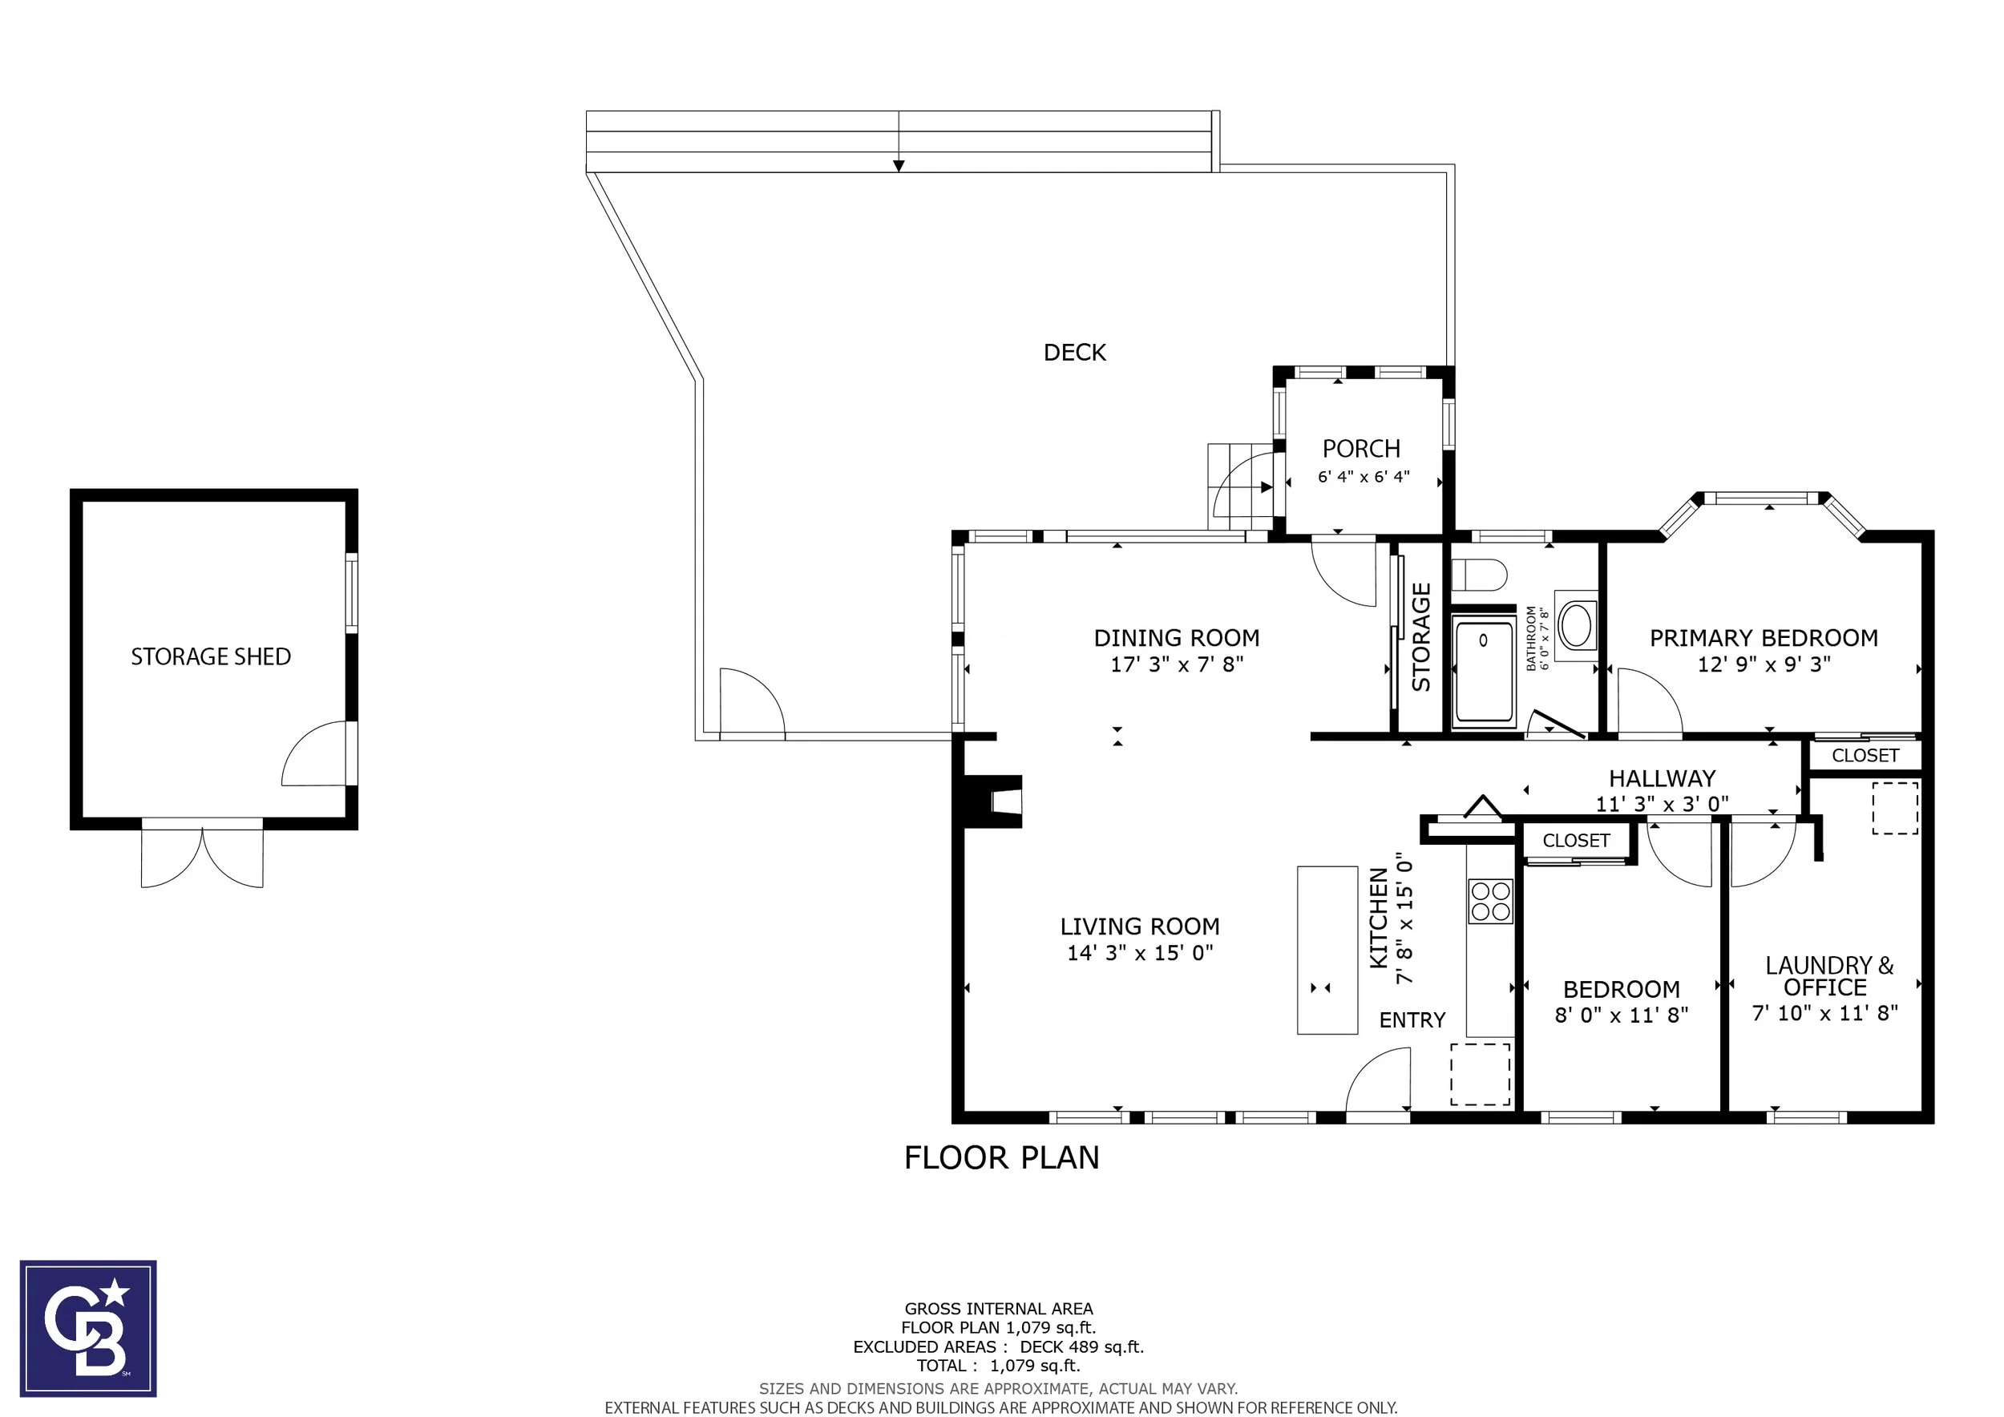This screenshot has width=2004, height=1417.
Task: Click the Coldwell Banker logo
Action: pos(88,1328)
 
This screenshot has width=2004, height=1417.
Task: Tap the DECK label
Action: pos(1074,353)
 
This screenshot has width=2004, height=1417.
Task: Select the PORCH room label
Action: pos(1361,449)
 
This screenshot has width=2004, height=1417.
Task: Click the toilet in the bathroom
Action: pos(1480,575)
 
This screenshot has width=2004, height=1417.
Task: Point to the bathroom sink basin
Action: pos(1575,624)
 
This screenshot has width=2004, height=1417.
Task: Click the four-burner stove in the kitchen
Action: pos(1490,902)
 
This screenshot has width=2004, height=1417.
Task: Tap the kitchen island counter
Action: pos(1327,951)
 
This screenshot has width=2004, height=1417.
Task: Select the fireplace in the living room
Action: pos(992,801)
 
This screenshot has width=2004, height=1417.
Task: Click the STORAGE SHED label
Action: pos(210,656)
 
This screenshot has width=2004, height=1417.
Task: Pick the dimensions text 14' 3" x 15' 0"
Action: pos(1140,953)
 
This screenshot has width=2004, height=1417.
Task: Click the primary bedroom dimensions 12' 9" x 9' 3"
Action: pos(1763,664)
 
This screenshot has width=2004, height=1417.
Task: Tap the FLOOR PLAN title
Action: pos(1001,1158)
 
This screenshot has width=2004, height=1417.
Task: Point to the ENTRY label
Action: pos(1412,1020)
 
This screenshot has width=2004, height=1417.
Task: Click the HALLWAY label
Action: pos(1662,778)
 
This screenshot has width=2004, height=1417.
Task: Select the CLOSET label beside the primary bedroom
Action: pos(1865,756)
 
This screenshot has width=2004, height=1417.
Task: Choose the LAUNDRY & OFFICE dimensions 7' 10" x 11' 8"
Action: pos(1825,1013)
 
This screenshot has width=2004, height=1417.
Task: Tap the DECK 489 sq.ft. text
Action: pos(1081,1347)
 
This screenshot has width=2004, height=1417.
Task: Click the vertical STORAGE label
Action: pos(1421,637)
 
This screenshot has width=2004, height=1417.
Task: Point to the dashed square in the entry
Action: pos(1481,1074)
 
